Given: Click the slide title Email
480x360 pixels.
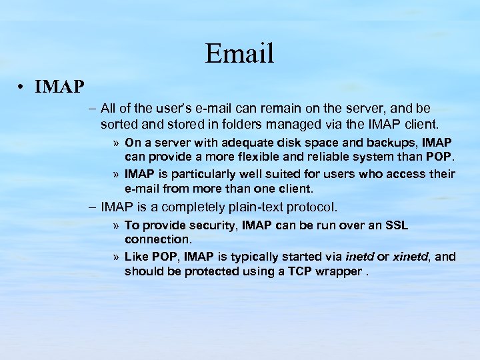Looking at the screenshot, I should [x=239, y=53].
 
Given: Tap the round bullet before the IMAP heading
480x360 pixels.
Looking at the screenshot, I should [x=23, y=87].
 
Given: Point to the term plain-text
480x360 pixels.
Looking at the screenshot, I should [x=257, y=207].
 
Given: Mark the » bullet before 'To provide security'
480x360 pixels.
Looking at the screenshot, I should [x=116, y=226].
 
